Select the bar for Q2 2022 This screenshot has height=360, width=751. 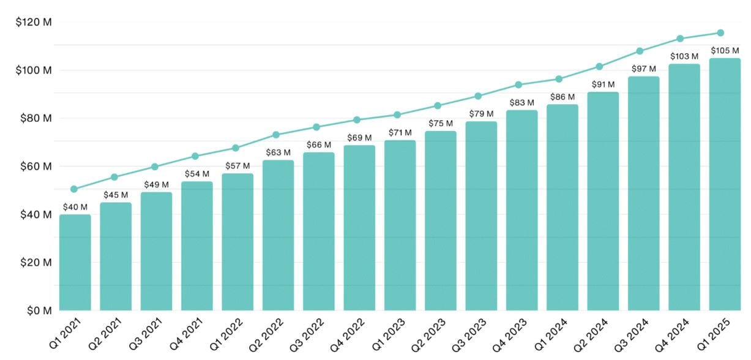coord(278,235)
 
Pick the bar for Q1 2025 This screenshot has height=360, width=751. coord(725,184)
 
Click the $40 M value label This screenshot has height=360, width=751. coord(75,207)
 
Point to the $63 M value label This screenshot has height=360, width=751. coord(278,152)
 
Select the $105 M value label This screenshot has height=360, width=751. coord(725,50)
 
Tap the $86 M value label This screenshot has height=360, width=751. coord(562,97)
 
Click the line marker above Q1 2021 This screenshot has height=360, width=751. coord(74,189)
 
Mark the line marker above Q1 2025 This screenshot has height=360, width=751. coord(720,33)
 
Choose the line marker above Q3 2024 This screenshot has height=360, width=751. coord(640,51)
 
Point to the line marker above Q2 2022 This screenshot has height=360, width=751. coord(276,135)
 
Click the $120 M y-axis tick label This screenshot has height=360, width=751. coord(33,23)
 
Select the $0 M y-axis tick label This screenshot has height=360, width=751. coord(37,310)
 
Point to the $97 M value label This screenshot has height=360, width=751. coord(643,69)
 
